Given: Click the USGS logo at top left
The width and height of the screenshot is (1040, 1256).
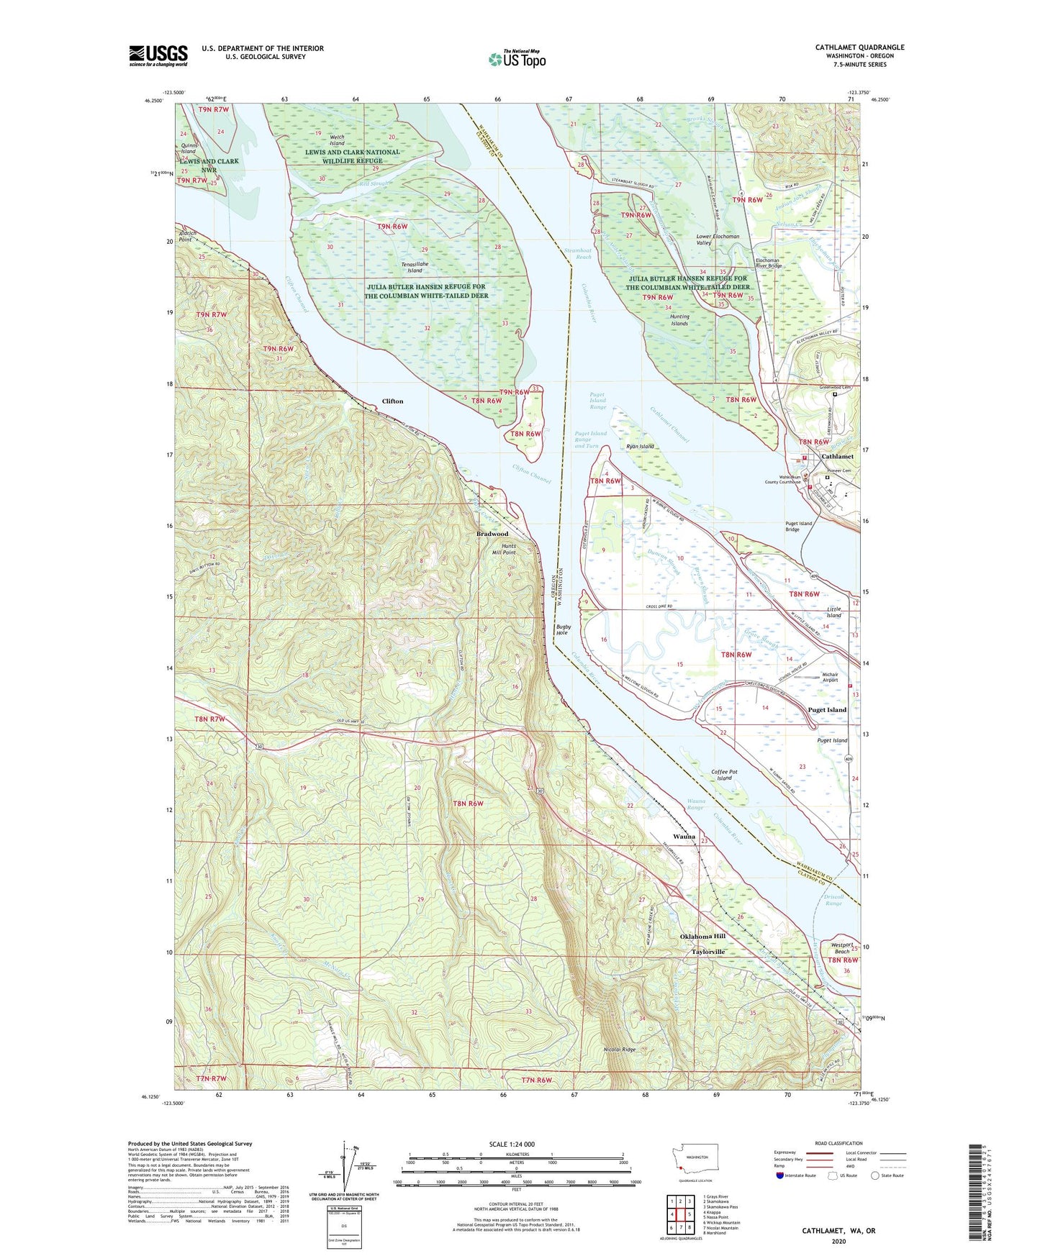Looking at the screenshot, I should click(158, 55).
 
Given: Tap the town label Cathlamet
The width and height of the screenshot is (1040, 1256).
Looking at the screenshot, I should click(837, 456).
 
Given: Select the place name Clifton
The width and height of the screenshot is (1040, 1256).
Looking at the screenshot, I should click(392, 401).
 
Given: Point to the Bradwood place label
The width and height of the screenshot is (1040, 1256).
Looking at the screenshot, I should click(492, 534).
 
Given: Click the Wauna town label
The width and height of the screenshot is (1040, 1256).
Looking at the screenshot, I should click(684, 837).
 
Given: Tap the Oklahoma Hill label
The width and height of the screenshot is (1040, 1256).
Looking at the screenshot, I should click(702, 936).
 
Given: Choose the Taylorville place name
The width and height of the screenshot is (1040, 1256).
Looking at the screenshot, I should click(708, 952).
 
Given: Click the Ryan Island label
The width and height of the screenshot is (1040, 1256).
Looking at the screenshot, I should click(640, 447).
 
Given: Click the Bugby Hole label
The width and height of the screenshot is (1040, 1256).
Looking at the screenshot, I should click(563, 629).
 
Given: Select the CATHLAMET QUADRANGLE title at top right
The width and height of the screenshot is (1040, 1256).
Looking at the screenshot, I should click(859, 47).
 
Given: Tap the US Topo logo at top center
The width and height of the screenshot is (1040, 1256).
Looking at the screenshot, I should click(517, 59).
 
